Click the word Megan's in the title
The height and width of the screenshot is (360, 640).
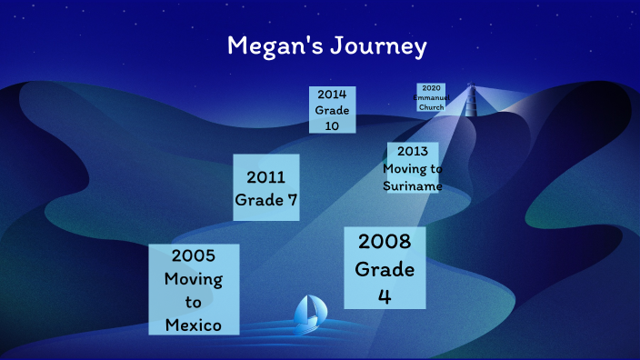(270, 46)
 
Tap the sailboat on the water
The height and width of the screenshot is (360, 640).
(310, 312)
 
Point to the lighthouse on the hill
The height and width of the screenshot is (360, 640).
(471, 101)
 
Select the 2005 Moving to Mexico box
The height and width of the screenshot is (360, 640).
(194, 289)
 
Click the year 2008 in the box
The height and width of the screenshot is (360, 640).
(385, 242)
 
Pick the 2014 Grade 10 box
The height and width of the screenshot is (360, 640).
(332, 110)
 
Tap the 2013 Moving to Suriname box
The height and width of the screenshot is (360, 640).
(413, 167)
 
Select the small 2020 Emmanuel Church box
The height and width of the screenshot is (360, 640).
(431, 97)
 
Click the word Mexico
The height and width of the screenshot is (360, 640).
(194, 325)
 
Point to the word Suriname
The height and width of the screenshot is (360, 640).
(413, 186)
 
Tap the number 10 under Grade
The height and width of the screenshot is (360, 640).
(332, 126)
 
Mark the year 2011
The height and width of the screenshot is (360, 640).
(265, 176)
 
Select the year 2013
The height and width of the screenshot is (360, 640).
(413, 152)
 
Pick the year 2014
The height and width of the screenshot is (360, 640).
(332, 95)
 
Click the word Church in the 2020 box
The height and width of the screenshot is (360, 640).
(431, 106)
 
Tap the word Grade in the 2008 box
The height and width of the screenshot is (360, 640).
(385, 269)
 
